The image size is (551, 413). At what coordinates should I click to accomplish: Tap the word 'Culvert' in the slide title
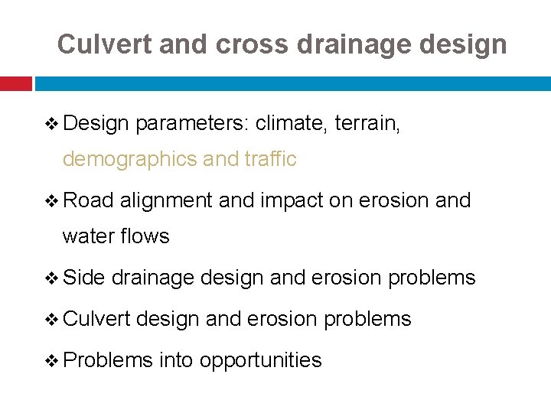(105, 44)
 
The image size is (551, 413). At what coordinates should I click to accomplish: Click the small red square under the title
(15, 83)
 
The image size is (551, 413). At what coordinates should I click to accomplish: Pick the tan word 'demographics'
(131, 159)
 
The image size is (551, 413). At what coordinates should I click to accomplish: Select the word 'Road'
(88, 200)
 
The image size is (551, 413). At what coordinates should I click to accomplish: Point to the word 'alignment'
(166, 200)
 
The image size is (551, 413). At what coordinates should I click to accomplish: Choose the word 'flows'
(145, 236)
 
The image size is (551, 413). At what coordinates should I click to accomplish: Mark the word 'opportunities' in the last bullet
(260, 360)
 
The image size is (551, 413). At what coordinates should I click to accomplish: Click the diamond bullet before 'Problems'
(52, 360)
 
